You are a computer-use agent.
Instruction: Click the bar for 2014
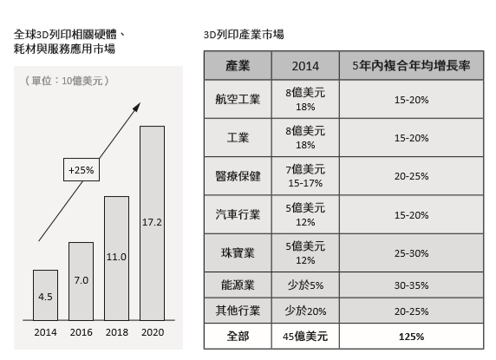[x=46, y=295]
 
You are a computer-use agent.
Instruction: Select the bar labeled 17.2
[x=152, y=223]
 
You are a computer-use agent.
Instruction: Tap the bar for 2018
[x=117, y=259]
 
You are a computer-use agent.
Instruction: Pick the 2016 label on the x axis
[x=82, y=332]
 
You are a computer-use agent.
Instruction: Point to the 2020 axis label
[x=153, y=332]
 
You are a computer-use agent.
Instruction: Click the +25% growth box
[x=82, y=170]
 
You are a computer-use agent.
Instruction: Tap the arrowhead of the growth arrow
[x=137, y=107]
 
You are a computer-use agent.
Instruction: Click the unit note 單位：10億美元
[x=67, y=81]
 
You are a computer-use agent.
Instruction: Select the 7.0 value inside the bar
[x=82, y=280]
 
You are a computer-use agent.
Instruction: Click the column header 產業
[x=238, y=65]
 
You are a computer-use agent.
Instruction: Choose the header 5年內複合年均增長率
[x=411, y=65]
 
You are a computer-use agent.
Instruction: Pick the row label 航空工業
[x=238, y=100]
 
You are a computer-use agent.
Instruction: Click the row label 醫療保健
[x=238, y=176]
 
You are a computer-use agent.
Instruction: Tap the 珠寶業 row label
[x=238, y=252]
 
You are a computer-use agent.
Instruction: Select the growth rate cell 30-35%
[x=411, y=285]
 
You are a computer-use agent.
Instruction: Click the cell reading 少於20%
[x=305, y=311]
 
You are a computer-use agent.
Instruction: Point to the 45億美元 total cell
[x=305, y=337]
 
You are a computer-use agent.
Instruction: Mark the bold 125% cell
[x=411, y=337]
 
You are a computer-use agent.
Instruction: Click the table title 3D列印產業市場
[x=244, y=35]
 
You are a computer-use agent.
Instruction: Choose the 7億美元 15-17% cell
[x=305, y=176]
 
